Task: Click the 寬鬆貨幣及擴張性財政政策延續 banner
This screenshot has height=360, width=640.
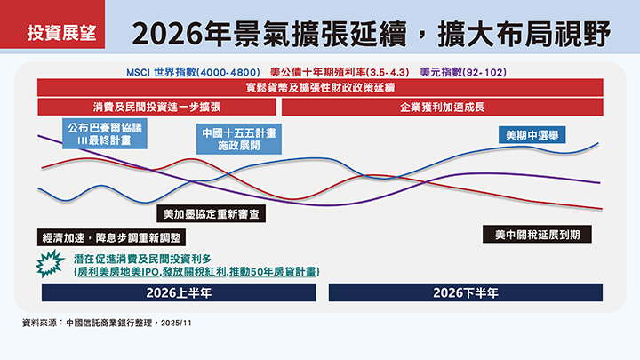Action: click(x=319, y=88)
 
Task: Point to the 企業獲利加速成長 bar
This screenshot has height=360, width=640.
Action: click(x=442, y=106)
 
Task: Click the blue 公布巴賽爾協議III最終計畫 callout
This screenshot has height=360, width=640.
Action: click(x=97, y=133)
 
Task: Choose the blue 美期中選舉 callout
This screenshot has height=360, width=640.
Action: click(x=532, y=136)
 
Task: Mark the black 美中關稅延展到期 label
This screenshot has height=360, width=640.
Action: click(x=537, y=235)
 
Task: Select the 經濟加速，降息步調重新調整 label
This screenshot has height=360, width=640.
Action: click(x=111, y=237)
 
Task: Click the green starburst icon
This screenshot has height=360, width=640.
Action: click(x=47, y=263)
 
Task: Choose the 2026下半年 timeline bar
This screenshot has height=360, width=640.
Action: click(x=465, y=292)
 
